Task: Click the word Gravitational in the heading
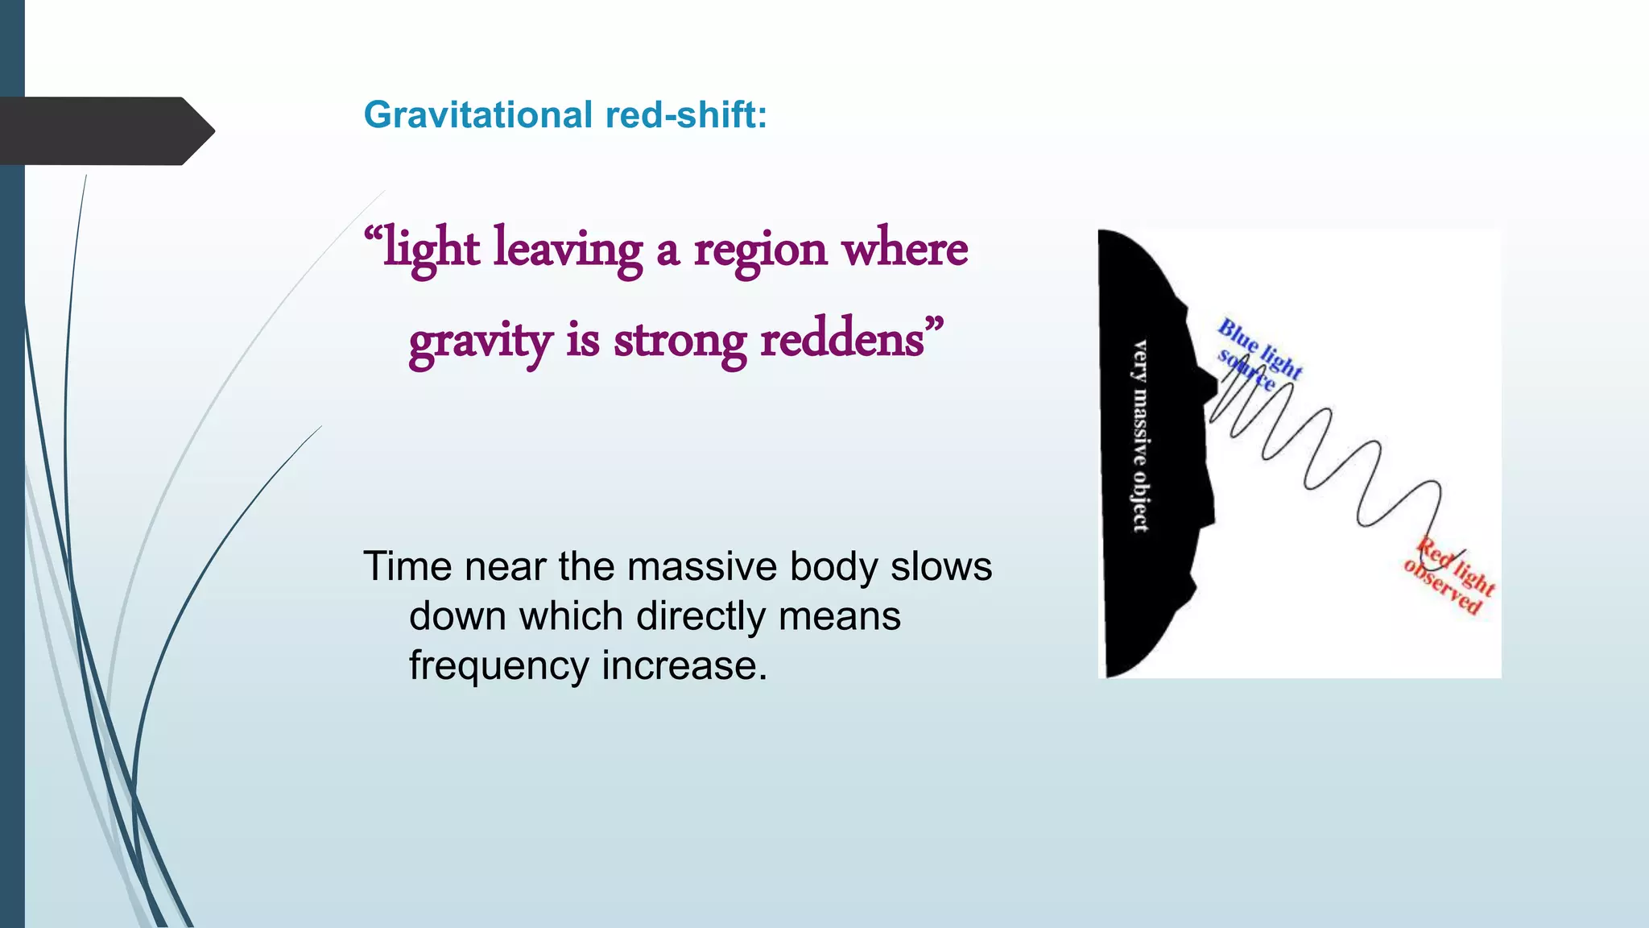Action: click(x=478, y=114)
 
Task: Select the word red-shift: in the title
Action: click(x=685, y=114)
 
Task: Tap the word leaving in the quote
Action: click(x=568, y=249)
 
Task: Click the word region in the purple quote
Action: click(x=760, y=251)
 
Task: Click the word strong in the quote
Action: click(x=680, y=341)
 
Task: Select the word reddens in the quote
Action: click(x=841, y=339)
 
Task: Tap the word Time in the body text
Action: click(x=407, y=566)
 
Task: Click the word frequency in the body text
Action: click(x=499, y=666)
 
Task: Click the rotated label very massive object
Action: click(x=1140, y=436)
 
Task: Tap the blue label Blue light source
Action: click(x=1258, y=354)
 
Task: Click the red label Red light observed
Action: click(x=1449, y=576)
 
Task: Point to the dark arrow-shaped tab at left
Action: click(x=105, y=130)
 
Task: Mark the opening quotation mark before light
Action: click(x=373, y=236)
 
